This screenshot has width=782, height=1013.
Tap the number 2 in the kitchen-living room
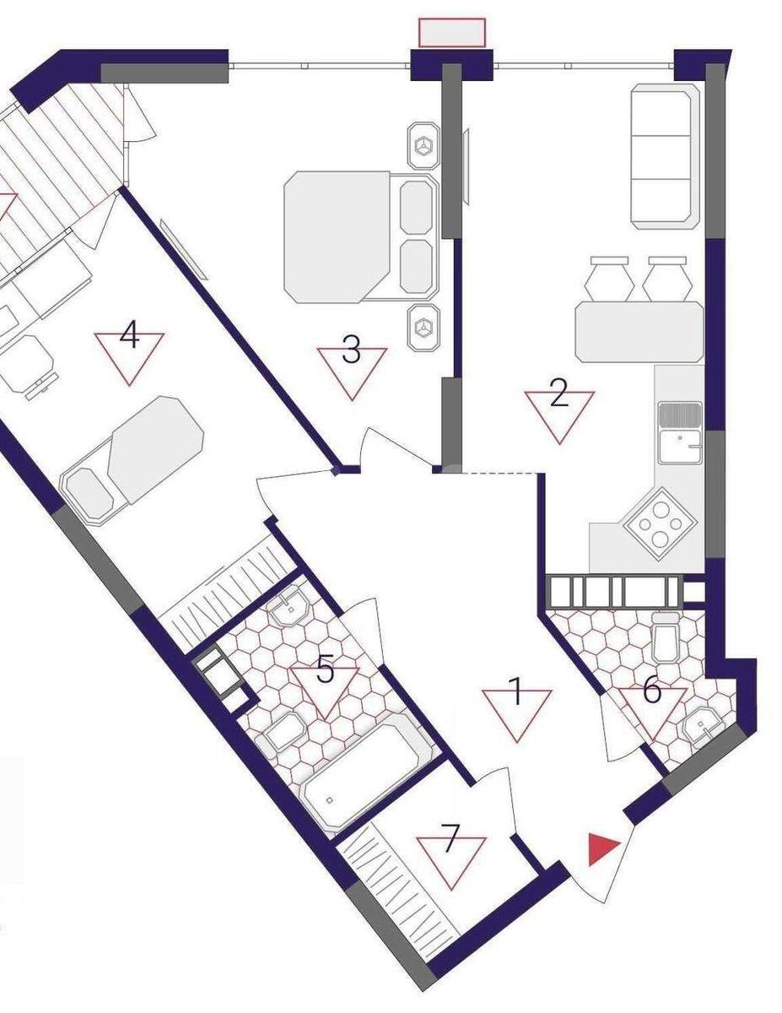558,396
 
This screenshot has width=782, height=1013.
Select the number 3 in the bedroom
352,349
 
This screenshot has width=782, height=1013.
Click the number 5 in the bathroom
326,671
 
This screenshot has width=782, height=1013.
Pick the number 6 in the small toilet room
652,691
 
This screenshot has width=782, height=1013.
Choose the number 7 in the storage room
451,840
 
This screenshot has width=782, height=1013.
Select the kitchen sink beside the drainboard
682,446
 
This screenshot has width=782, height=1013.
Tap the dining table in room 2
639,332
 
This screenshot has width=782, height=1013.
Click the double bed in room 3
354,236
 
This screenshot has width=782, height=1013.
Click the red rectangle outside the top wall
452,32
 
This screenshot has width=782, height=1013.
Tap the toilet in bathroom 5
283,731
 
